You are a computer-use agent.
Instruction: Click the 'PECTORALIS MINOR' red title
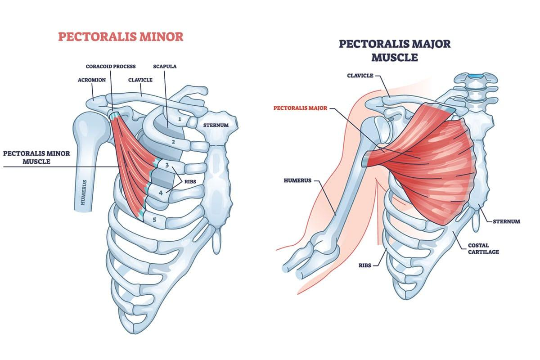click(x=121, y=37)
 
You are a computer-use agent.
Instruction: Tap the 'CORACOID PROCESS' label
click(x=111, y=66)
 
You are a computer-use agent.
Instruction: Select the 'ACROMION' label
click(x=92, y=80)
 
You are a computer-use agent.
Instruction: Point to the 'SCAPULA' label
click(x=165, y=66)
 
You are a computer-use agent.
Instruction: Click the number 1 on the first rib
click(x=180, y=119)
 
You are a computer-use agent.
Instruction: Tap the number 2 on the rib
click(x=173, y=142)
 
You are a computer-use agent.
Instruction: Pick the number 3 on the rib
click(x=167, y=166)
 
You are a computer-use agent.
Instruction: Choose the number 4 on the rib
click(x=161, y=193)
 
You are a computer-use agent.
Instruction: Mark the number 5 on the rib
click(x=154, y=220)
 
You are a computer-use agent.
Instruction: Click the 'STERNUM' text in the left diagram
click(x=216, y=125)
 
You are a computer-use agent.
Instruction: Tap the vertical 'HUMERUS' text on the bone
click(x=83, y=192)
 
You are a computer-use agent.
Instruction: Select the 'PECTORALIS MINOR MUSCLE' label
click(x=36, y=157)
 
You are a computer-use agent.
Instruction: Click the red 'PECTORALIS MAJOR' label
click(x=300, y=108)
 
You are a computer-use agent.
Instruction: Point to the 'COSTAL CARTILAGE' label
click(x=483, y=248)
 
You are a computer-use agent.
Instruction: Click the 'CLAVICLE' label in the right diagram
click(x=360, y=76)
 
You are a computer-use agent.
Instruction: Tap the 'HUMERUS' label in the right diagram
click(x=297, y=180)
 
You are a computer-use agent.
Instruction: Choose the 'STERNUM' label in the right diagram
click(x=506, y=221)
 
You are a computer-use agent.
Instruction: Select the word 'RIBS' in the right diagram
click(x=365, y=265)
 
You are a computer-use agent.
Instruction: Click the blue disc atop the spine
click(x=475, y=76)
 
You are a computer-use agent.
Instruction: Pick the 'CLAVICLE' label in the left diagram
click(x=140, y=80)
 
